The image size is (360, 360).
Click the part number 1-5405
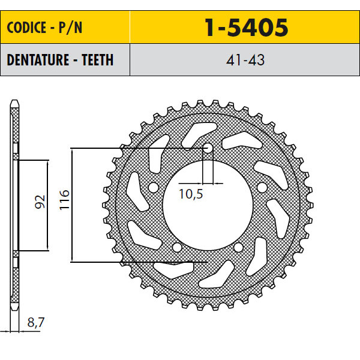[247, 28]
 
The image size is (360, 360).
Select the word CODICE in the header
[26, 28]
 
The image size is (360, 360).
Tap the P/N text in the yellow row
[70, 28]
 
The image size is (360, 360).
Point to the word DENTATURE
[38, 60]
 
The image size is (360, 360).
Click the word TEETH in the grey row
[98, 60]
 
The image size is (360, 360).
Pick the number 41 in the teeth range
[234, 60]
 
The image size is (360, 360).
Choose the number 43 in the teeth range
[257, 60]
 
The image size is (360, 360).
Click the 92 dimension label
[40, 202]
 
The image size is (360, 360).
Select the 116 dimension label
[64, 200]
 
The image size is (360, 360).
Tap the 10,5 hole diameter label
[191, 194]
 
